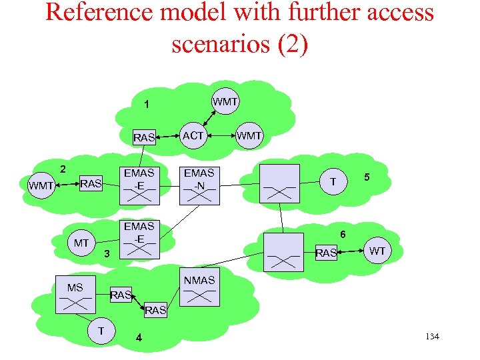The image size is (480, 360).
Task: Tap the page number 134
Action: pos(431,337)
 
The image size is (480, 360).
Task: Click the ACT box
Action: pos(193,135)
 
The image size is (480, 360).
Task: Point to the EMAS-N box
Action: pos(199,183)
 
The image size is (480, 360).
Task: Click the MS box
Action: pos(75,294)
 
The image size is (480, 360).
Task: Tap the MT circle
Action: pos(81,243)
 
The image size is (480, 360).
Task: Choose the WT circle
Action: pos(377,251)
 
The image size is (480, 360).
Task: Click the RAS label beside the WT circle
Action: pos(326,253)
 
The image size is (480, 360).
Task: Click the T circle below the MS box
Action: pos(101,331)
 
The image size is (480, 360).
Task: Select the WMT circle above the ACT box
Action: pos(225,102)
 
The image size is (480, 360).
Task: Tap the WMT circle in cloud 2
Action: pos(41,186)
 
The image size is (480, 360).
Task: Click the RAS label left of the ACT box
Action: pos(144,138)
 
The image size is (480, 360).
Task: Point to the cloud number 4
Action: pos(139,337)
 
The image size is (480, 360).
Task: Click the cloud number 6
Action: pos(343,234)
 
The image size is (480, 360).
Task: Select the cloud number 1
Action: pos(147,105)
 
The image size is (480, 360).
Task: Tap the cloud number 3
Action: pos(106,254)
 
